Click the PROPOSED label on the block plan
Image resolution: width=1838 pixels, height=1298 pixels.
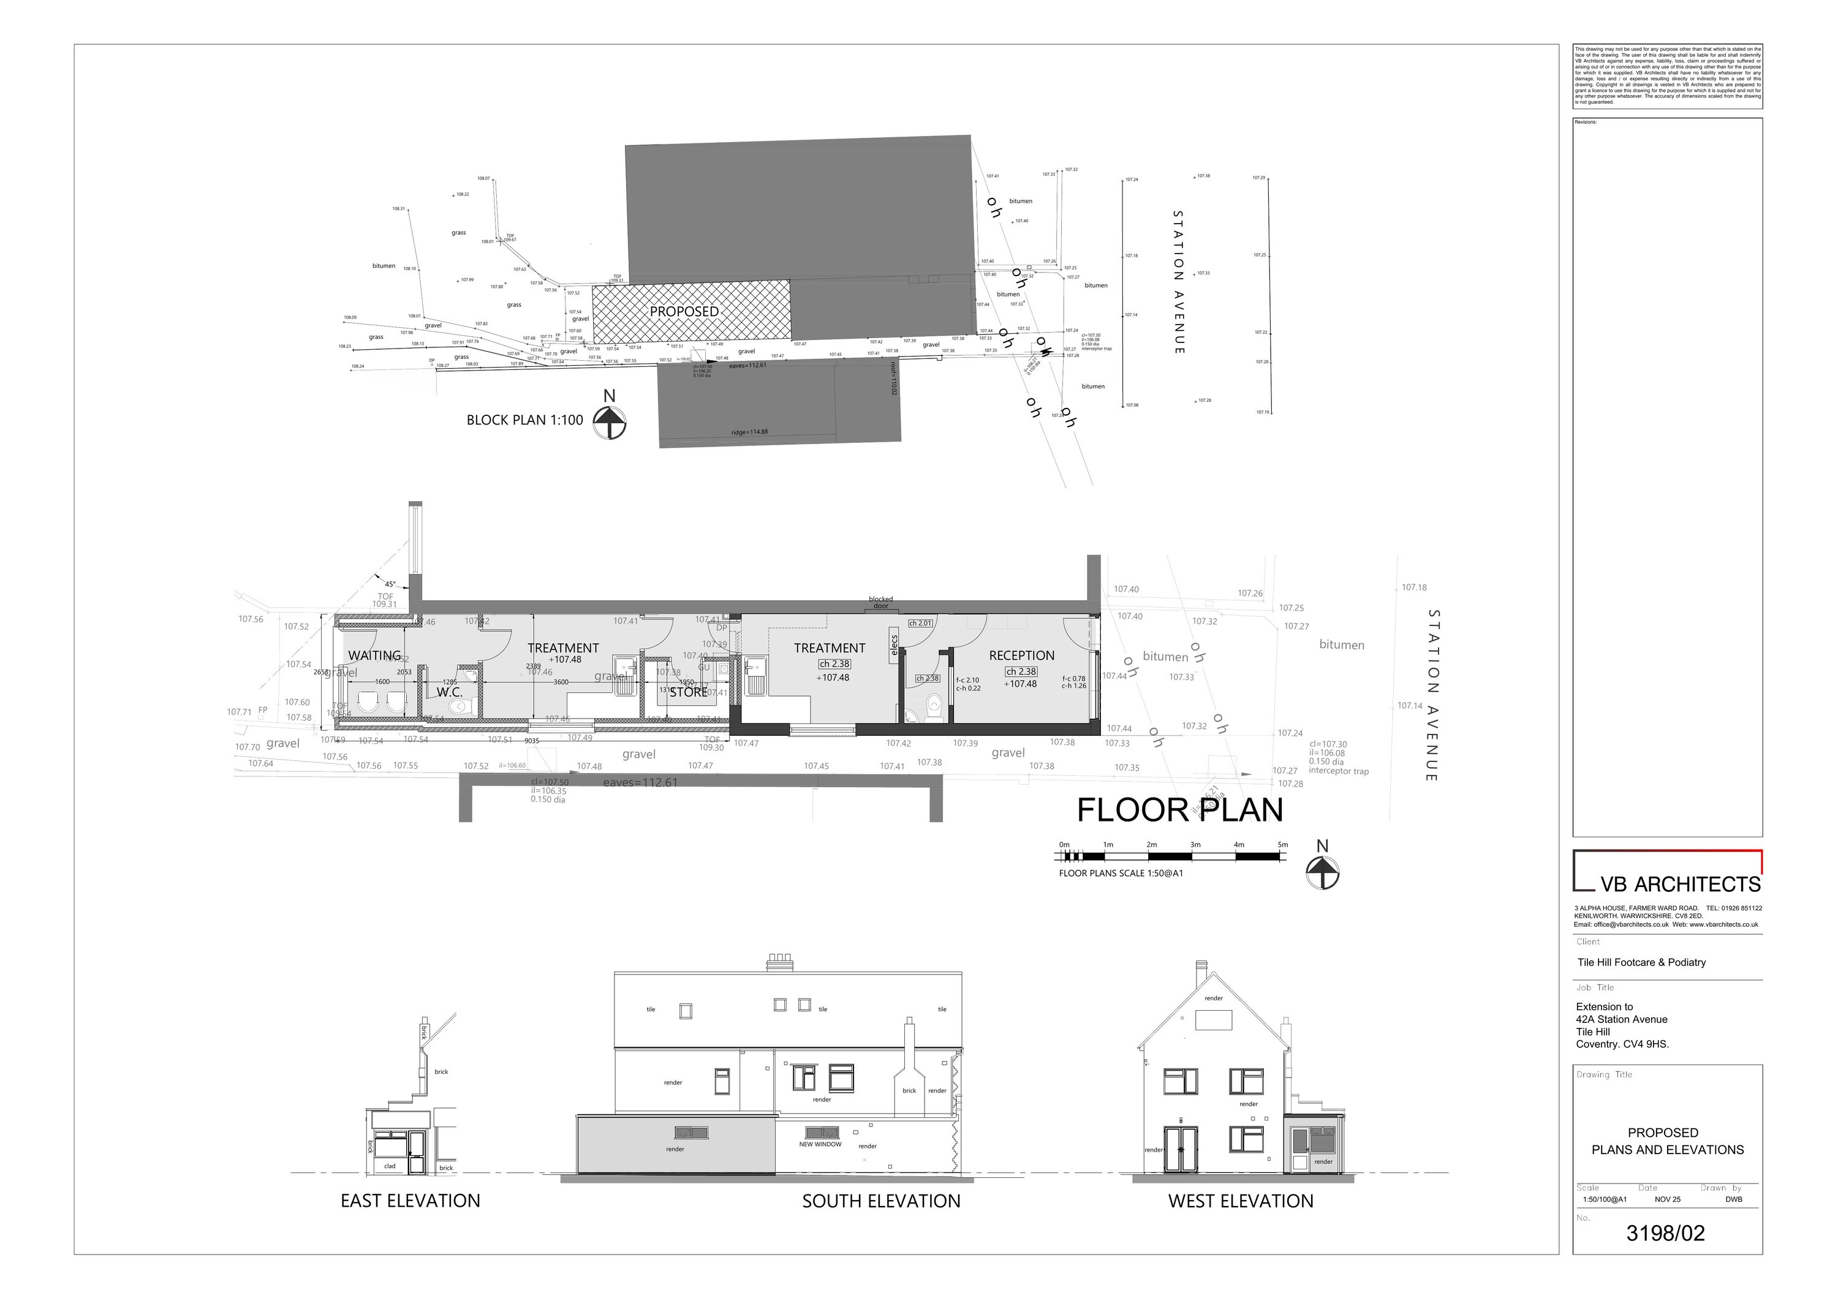point(684,311)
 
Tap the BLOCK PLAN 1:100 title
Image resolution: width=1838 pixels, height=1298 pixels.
point(524,420)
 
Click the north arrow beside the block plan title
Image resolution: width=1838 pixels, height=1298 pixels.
point(610,420)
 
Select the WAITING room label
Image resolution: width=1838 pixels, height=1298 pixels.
point(374,655)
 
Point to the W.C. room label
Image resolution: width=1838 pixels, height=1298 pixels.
point(449,692)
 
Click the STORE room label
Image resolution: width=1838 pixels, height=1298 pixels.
point(689,692)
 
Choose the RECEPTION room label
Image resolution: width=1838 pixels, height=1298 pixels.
point(1021,655)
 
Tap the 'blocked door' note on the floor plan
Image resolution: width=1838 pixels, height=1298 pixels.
point(880,603)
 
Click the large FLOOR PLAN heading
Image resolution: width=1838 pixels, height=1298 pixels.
point(1179,810)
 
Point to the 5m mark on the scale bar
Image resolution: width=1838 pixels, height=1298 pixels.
point(1282,845)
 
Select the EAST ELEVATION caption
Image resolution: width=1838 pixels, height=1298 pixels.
point(410,1201)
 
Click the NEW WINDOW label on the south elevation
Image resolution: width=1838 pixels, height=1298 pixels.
point(820,1144)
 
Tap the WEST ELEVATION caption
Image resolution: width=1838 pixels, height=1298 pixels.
point(1240,1201)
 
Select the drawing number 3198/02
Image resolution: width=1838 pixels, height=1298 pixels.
point(1665,1233)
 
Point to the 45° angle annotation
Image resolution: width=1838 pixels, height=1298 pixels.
point(390,584)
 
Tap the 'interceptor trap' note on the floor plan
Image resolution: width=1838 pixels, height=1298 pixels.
point(1339,771)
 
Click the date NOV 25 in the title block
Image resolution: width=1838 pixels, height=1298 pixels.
point(1663,1199)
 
